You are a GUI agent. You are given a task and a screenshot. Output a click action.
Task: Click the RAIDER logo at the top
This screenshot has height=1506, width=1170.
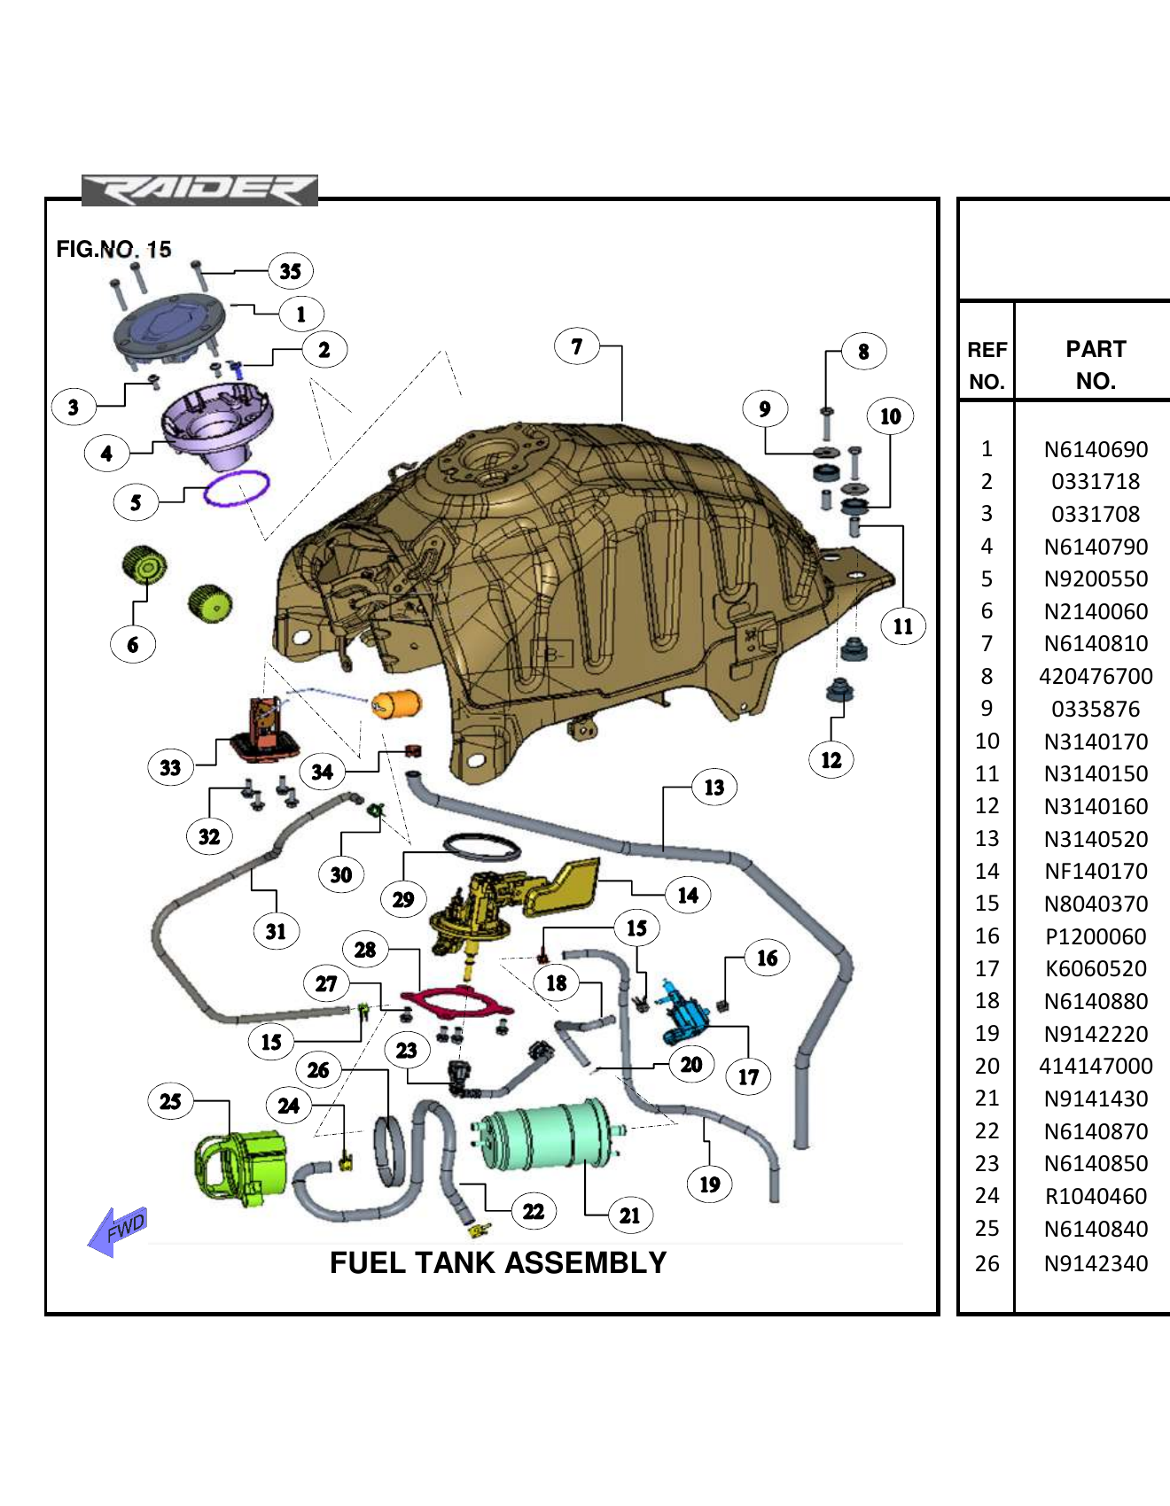[x=199, y=190]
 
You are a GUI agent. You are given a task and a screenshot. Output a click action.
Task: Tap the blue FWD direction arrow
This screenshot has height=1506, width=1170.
[x=119, y=1230]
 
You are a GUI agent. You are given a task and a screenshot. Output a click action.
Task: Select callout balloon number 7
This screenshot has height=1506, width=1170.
[x=577, y=346]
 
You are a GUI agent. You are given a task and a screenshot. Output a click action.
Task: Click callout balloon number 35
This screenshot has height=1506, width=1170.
[x=291, y=271]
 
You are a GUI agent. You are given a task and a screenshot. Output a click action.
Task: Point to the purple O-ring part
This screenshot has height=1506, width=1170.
[x=237, y=488]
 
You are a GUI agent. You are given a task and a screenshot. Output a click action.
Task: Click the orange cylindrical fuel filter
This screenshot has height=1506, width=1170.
[x=396, y=704]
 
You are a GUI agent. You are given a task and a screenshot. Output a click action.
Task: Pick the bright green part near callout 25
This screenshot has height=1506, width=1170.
[x=241, y=1168]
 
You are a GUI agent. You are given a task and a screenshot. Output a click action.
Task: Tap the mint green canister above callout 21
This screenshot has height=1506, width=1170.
[x=546, y=1136]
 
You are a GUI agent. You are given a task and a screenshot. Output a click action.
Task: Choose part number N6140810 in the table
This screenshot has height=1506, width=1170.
[x=1096, y=644]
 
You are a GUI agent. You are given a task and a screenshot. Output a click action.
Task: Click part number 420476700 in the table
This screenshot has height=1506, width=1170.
[x=1096, y=677]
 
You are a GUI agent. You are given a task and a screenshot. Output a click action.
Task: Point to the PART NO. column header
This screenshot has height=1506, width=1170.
[x=1096, y=364]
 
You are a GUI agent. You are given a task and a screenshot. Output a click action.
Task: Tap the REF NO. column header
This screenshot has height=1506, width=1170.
[x=987, y=364]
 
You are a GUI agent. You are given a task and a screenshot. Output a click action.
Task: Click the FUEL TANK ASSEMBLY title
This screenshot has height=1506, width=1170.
[x=498, y=1262]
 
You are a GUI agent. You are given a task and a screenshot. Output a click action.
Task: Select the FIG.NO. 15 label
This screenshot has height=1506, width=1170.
[x=113, y=249]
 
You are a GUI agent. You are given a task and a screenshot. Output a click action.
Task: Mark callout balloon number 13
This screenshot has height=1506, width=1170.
[x=714, y=788]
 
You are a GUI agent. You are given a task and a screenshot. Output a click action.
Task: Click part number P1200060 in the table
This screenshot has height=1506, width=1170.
[x=1096, y=936]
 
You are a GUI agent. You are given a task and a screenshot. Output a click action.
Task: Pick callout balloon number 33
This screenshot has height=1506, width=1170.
[x=170, y=767]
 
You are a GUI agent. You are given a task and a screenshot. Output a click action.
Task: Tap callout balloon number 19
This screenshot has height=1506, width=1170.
[x=710, y=1184]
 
